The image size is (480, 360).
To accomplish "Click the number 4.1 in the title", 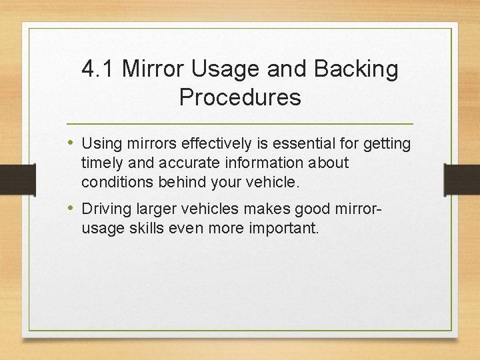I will point(97,69).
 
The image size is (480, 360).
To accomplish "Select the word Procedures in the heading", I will point(240,98).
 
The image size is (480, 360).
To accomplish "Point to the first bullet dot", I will point(71,143).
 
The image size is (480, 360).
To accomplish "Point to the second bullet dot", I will point(71,208).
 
